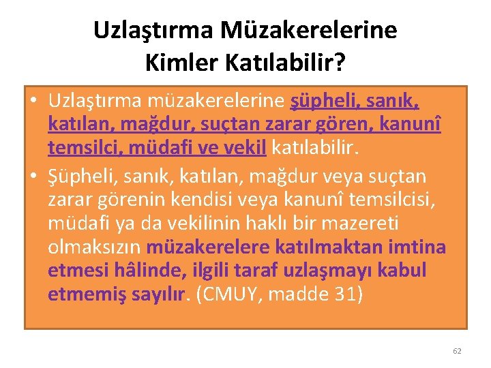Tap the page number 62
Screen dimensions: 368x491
(x=457, y=351)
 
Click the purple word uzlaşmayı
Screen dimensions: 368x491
(x=313, y=270)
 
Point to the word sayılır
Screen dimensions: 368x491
(x=160, y=293)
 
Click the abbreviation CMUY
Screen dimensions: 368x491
(x=229, y=293)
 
